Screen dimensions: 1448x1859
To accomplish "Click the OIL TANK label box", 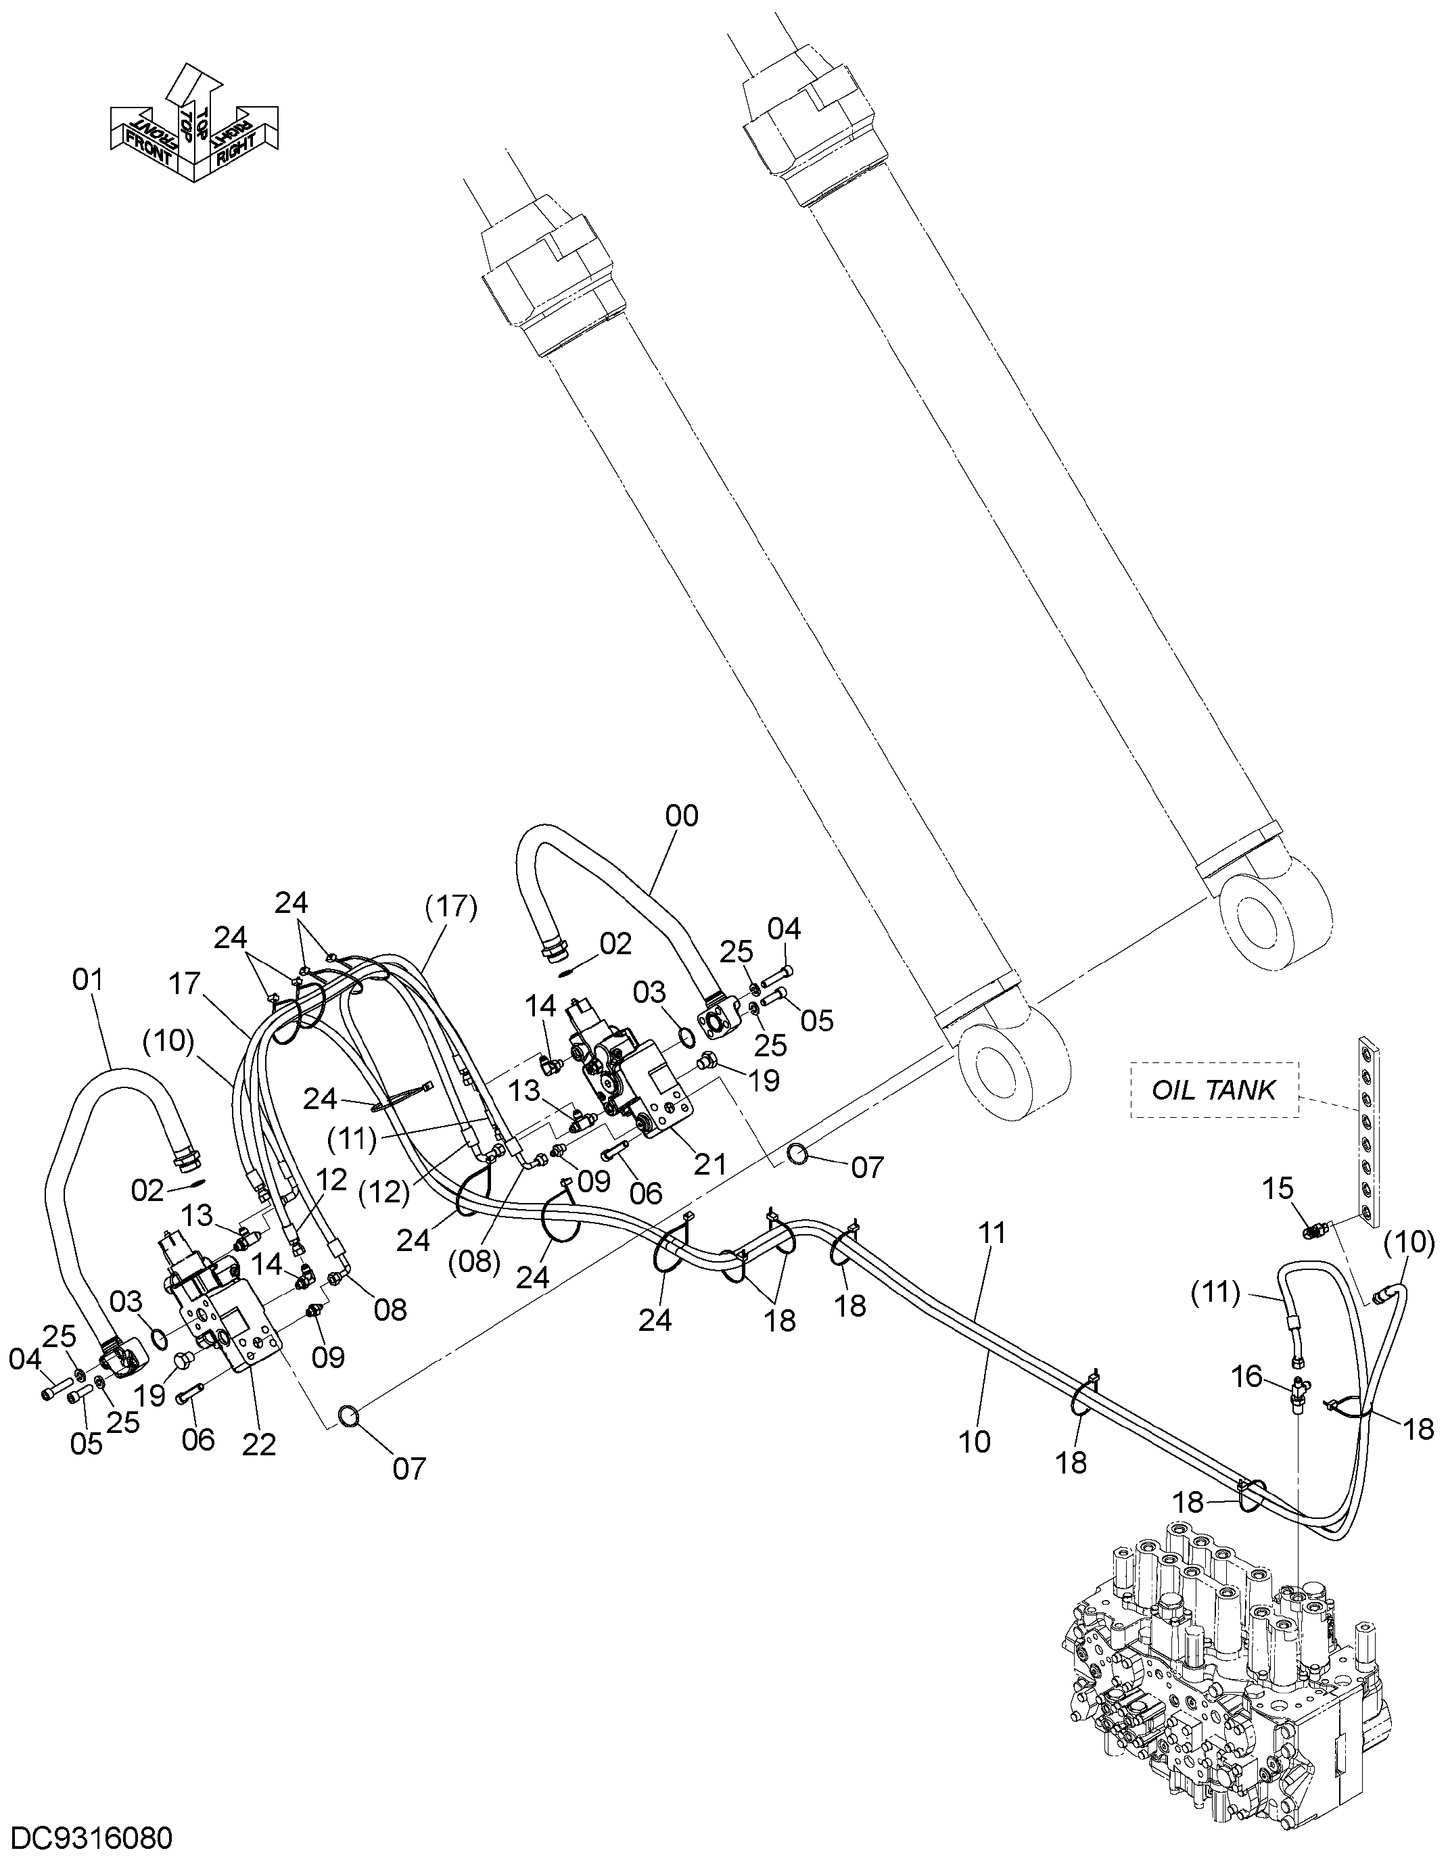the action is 1215,1089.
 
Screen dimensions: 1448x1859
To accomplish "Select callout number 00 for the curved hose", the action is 681,816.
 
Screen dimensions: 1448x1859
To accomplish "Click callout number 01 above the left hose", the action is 88,980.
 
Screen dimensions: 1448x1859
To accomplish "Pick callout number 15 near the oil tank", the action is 1278,1187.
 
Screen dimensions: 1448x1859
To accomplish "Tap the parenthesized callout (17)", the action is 451,908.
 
